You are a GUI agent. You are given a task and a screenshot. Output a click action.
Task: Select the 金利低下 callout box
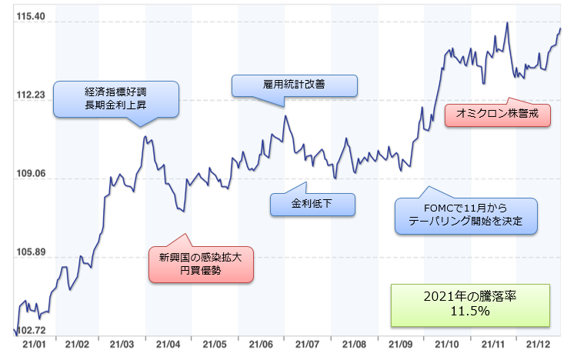[x=312, y=204]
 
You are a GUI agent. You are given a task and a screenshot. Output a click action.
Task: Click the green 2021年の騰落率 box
[x=470, y=304]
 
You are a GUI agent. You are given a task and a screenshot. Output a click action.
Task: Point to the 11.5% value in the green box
[x=470, y=312]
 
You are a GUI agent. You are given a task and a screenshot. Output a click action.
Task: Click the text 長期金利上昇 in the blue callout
[x=115, y=105]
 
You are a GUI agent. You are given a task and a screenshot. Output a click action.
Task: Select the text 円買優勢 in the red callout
[x=200, y=272]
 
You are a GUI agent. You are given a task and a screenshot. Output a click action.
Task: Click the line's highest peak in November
[x=507, y=23]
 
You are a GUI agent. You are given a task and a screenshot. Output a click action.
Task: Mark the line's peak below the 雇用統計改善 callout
[x=285, y=116]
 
